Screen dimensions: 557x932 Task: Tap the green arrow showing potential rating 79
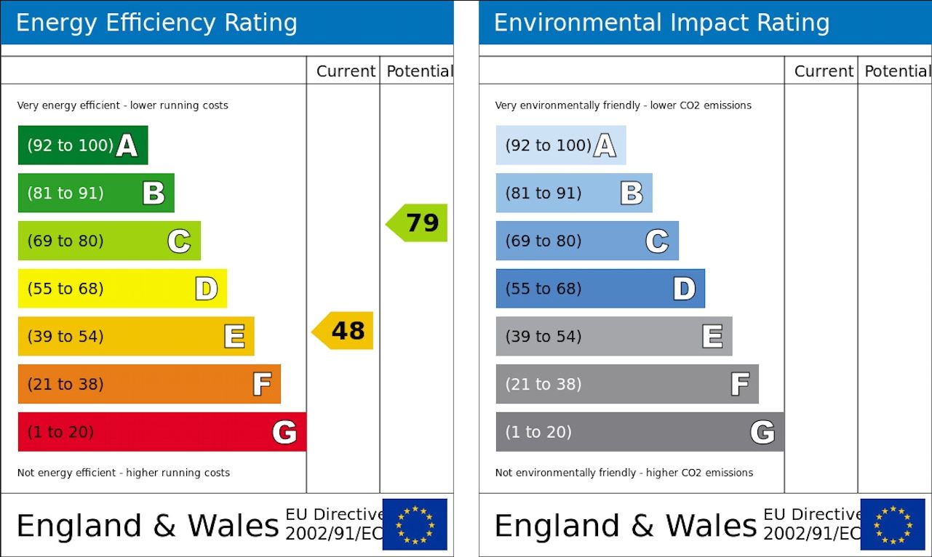coord(417,223)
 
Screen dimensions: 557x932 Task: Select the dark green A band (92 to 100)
coord(82,145)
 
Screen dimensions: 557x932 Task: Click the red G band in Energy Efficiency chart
coord(162,432)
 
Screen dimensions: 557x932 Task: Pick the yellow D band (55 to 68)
coord(122,289)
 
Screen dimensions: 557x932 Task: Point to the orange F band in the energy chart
coord(149,384)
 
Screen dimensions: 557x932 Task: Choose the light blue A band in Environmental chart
coord(560,145)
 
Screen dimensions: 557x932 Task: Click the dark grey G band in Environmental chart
coord(640,432)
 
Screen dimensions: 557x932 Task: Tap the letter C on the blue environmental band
coord(657,241)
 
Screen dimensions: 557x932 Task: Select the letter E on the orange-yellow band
coord(234,337)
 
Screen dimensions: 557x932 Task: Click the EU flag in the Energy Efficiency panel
coord(415,524)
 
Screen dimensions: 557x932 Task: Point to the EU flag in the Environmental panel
coord(893,524)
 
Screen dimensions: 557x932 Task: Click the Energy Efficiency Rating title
coord(156,23)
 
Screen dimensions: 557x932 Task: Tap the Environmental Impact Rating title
coord(661,23)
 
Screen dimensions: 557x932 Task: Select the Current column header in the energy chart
coord(346,71)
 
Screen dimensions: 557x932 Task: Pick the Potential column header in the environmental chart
coord(896,71)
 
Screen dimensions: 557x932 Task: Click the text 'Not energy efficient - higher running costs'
coord(124,473)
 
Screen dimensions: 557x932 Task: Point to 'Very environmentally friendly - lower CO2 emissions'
coord(624,105)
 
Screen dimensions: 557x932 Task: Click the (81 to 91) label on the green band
coord(65,193)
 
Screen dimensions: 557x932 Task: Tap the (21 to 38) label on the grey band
coord(543,384)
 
